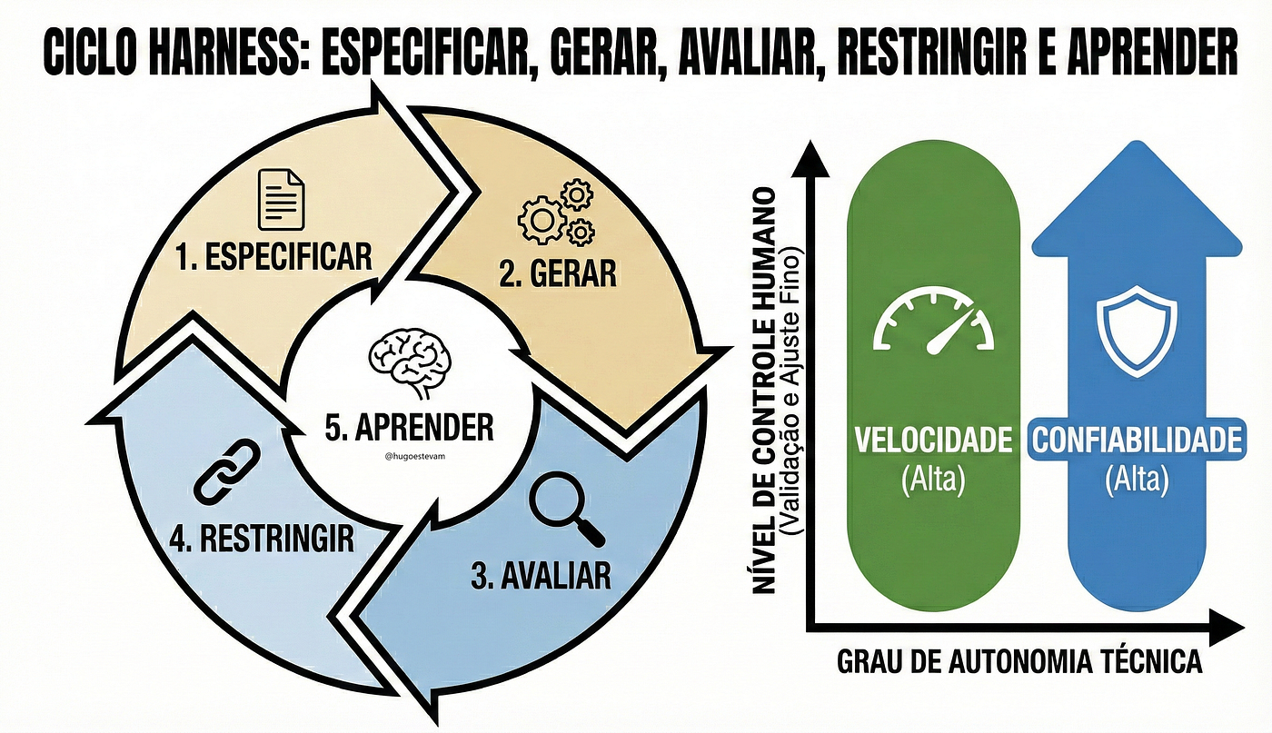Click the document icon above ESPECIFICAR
click(281, 200)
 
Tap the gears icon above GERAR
click(556, 212)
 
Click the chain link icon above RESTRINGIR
click(226, 471)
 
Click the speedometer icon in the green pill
click(934, 322)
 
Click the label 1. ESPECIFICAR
click(273, 257)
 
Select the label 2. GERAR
click(558, 273)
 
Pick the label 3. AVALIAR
click(541, 575)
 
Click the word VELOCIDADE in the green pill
click(934, 440)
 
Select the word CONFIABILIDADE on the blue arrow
click(1137, 440)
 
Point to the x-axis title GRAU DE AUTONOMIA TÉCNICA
click(1019, 662)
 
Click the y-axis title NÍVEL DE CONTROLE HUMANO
click(764, 391)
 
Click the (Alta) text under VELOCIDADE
click(934, 480)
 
